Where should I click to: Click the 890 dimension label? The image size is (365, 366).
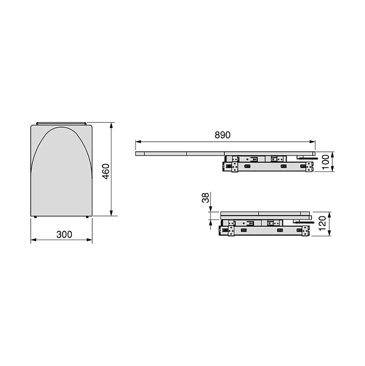tap(222, 135)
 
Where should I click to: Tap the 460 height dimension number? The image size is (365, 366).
tap(106, 172)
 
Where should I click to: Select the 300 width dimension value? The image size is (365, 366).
tap(64, 234)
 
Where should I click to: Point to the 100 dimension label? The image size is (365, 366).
tap(325, 162)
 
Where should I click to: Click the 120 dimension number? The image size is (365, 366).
tap(322, 224)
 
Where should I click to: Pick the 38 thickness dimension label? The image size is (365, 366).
tap(205, 198)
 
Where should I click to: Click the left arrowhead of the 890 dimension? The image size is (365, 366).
tap(138, 142)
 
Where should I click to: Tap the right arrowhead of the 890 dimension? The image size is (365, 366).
tap(312, 142)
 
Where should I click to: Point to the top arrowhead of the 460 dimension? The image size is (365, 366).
tap(111, 126)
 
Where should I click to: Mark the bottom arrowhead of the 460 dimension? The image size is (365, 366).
tap(111, 213)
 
